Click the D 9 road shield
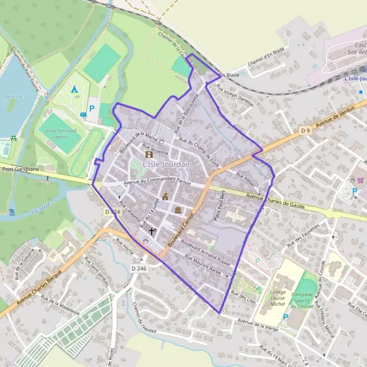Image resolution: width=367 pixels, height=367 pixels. pyautogui.click(x=306, y=130)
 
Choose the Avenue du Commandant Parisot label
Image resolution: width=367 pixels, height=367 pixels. pyautogui.click(x=157, y=182)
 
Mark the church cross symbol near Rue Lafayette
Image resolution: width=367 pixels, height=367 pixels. pyautogui.click(x=152, y=231)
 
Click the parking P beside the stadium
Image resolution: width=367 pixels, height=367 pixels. pyautogui.click(x=92, y=108)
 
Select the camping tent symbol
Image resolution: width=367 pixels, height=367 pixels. pyautogui.click(x=74, y=90)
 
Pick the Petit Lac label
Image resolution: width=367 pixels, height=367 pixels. pyautogui.click(x=11, y=96)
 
